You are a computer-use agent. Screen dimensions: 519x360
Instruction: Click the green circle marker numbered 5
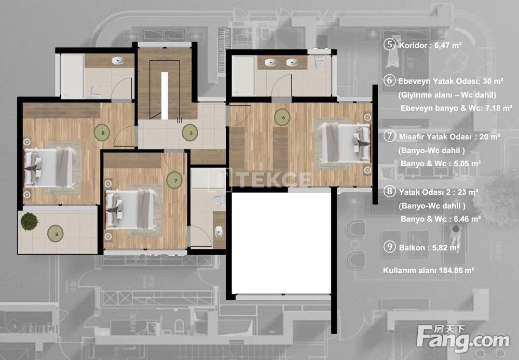pyautogui.click(x=190, y=133)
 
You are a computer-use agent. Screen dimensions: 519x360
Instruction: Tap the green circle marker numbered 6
pyautogui.click(x=282, y=117)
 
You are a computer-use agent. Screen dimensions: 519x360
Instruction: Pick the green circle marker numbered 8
pyautogui.click(x=102, y=133)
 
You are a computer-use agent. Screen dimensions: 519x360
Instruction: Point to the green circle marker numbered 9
pyautogui.click(x=56, y=234)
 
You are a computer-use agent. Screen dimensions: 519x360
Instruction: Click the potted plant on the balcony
pyautogui.click(x=29, y=221)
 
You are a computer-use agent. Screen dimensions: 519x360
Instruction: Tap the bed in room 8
pyautogui.click(x=50, y=167)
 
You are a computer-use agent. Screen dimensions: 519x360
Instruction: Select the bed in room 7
pyautogui.click(x=130, y=209)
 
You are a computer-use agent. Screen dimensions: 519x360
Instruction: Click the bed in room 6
pyautogui.click(x=346, y=143)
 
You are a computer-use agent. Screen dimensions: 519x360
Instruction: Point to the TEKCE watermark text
pyautogui.click(x=271, y=179)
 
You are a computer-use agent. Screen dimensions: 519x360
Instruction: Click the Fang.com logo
pyautogui.click(x=463, y=338)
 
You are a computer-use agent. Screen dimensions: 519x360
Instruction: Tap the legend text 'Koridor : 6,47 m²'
pyautogui.click(x=430, y=45)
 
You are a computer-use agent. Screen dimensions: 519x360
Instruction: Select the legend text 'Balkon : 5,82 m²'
pyautogui.click(x=429, y=247)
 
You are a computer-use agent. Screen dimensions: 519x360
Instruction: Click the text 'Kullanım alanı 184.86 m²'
pyautogui.click(x=429, y=270)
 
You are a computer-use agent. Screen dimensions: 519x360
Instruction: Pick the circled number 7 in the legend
pyautogui.click(x=390, y=136)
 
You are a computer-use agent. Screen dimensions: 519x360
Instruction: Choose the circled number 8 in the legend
pyautogui.click(x=390, y=191)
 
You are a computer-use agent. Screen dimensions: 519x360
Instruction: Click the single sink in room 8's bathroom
pyautogui.click(x=117, y=61)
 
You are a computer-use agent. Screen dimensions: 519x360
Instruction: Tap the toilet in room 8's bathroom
pyautogui.click(x=95, y=92)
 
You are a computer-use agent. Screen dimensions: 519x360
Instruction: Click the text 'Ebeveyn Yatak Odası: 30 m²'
pyautogui.click(x=450, y=81)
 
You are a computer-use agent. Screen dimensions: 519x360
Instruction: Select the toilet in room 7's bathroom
pyautogui.click(x=218, y=200)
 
